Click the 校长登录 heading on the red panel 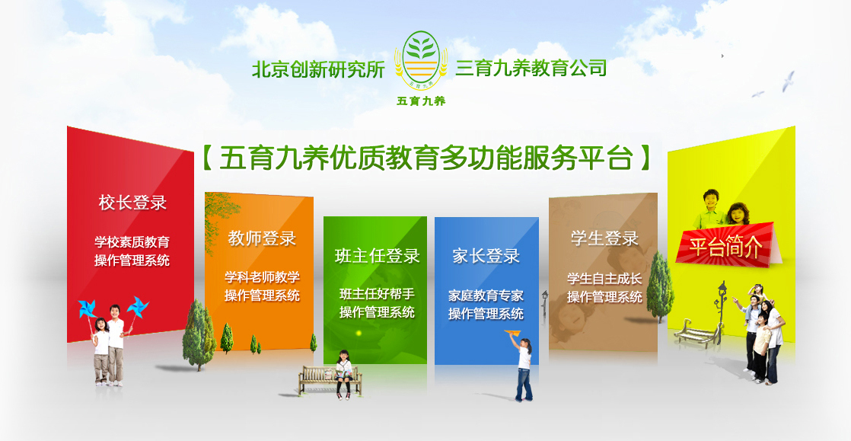pyautogui.click(x=132, y=203)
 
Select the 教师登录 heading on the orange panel pyautogui.click(x=262, y=238)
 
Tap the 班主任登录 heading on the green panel pyautogui.click(x=378, y=256)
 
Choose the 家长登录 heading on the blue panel pyautogui.click(x=486, y=256)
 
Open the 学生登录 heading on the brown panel pyautogui.click(x=604, y=238)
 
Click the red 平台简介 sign pyautogui.click(x=726, y=245)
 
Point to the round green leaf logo pyautogui.click(x=421, y=59)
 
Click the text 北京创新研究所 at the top pyautogui.click(x=318, y=69)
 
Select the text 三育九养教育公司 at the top pyautogui.click(x=531, y=68)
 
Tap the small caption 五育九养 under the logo pyautogui.click(x=421, y=101)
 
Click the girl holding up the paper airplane pyautogui.click(x=523, y=368)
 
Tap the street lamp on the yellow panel pyautogui.click(x=721, y=312)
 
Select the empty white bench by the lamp pyautogui.click(x=698, y=332)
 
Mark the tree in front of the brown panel pyautogui.click(x=660, y=286)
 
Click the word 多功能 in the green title pyautogui.click(x=477, y=158)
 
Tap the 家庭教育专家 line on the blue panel pyautogui.click(x=486, y=296)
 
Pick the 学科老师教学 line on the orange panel pyautogui.click(x=262, y=277)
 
